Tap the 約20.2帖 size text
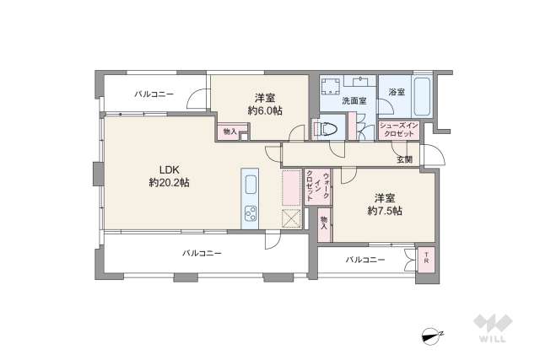[x=168, y=182]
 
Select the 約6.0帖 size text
[x=264, y=110]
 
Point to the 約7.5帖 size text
[x=384, y=212]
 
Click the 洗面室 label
[x=354, y=101]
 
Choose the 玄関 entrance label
[x=404, y=159]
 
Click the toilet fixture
[x=327, y=129]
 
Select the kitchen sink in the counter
[x=251, y=185]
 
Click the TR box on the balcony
[x=427, y=258]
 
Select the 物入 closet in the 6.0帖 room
[x=229, y=132]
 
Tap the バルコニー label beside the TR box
[x=364, y=260]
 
